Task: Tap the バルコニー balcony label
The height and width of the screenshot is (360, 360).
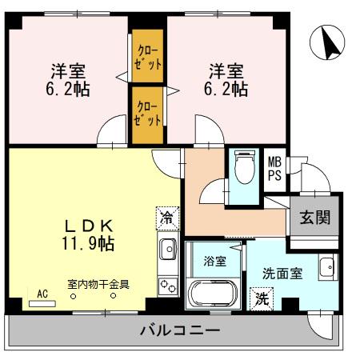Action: [x=179, y=330]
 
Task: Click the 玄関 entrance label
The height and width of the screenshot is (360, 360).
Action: [x=314, y=218]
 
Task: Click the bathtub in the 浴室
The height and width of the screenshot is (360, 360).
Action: [x=212, y=291]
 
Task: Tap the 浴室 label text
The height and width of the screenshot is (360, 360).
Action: [x=214, y=260]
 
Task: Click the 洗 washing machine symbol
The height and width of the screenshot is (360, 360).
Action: [x=262, y=300]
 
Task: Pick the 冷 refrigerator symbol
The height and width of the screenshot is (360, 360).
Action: [x=166, y=216]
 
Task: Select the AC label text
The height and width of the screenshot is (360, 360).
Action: [x=42, y=294]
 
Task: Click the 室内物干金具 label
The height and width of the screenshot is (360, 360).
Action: [x=98, y=282]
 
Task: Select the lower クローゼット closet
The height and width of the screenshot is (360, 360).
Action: [x=148, y=114]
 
